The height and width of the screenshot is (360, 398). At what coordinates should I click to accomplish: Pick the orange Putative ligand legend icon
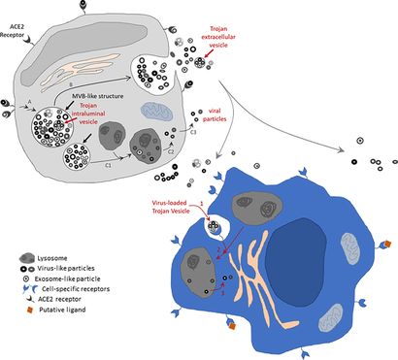[x=24, y=314]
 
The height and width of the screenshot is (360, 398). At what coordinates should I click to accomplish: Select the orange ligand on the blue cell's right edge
[x=385, y=244]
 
